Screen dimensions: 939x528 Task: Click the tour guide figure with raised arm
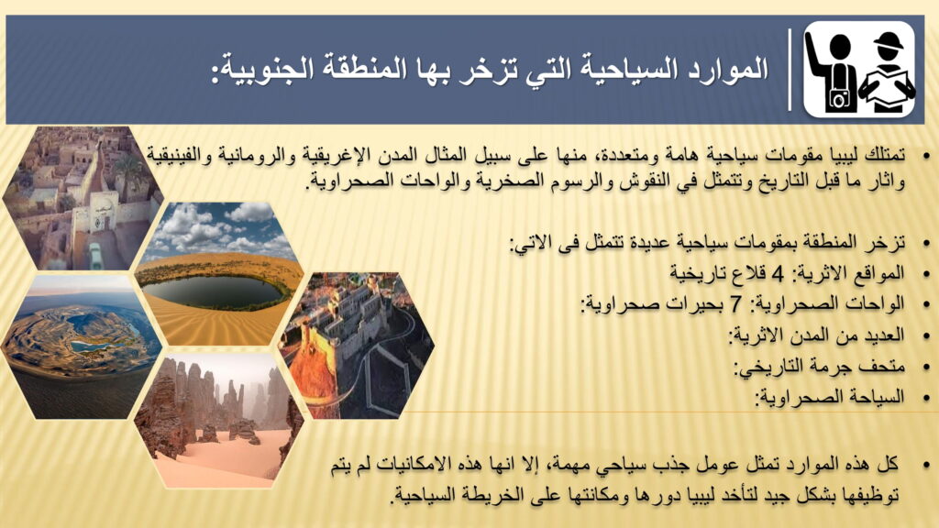[831, 70]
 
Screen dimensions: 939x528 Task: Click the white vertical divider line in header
[790, 70]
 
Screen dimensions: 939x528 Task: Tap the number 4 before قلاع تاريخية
[778, 274]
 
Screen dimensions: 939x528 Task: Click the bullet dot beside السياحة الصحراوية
[927, 398]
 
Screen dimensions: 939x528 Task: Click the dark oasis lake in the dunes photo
[215, 291]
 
